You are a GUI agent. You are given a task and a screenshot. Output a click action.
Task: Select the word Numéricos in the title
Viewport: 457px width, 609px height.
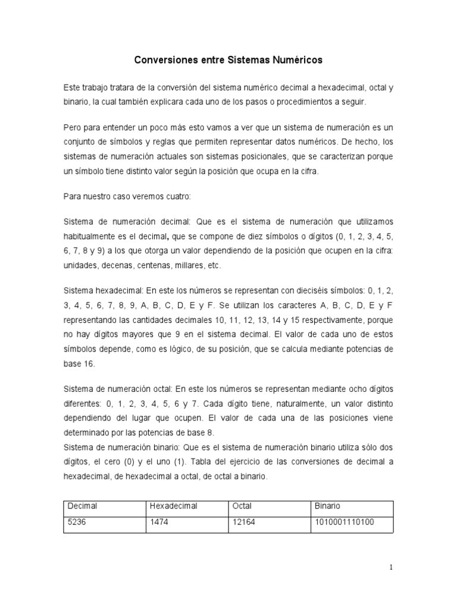click(x=295, y=60)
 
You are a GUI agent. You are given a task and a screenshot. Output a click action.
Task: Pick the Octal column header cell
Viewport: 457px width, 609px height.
click(x=242, y=506)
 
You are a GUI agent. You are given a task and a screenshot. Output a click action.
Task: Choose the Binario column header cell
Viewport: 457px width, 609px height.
click(x=328, y=506)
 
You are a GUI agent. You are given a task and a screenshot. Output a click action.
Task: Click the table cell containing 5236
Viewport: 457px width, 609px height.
click(x=78, y=522)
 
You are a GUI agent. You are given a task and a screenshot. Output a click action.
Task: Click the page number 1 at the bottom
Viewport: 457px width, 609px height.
click(x=391, y=568)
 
